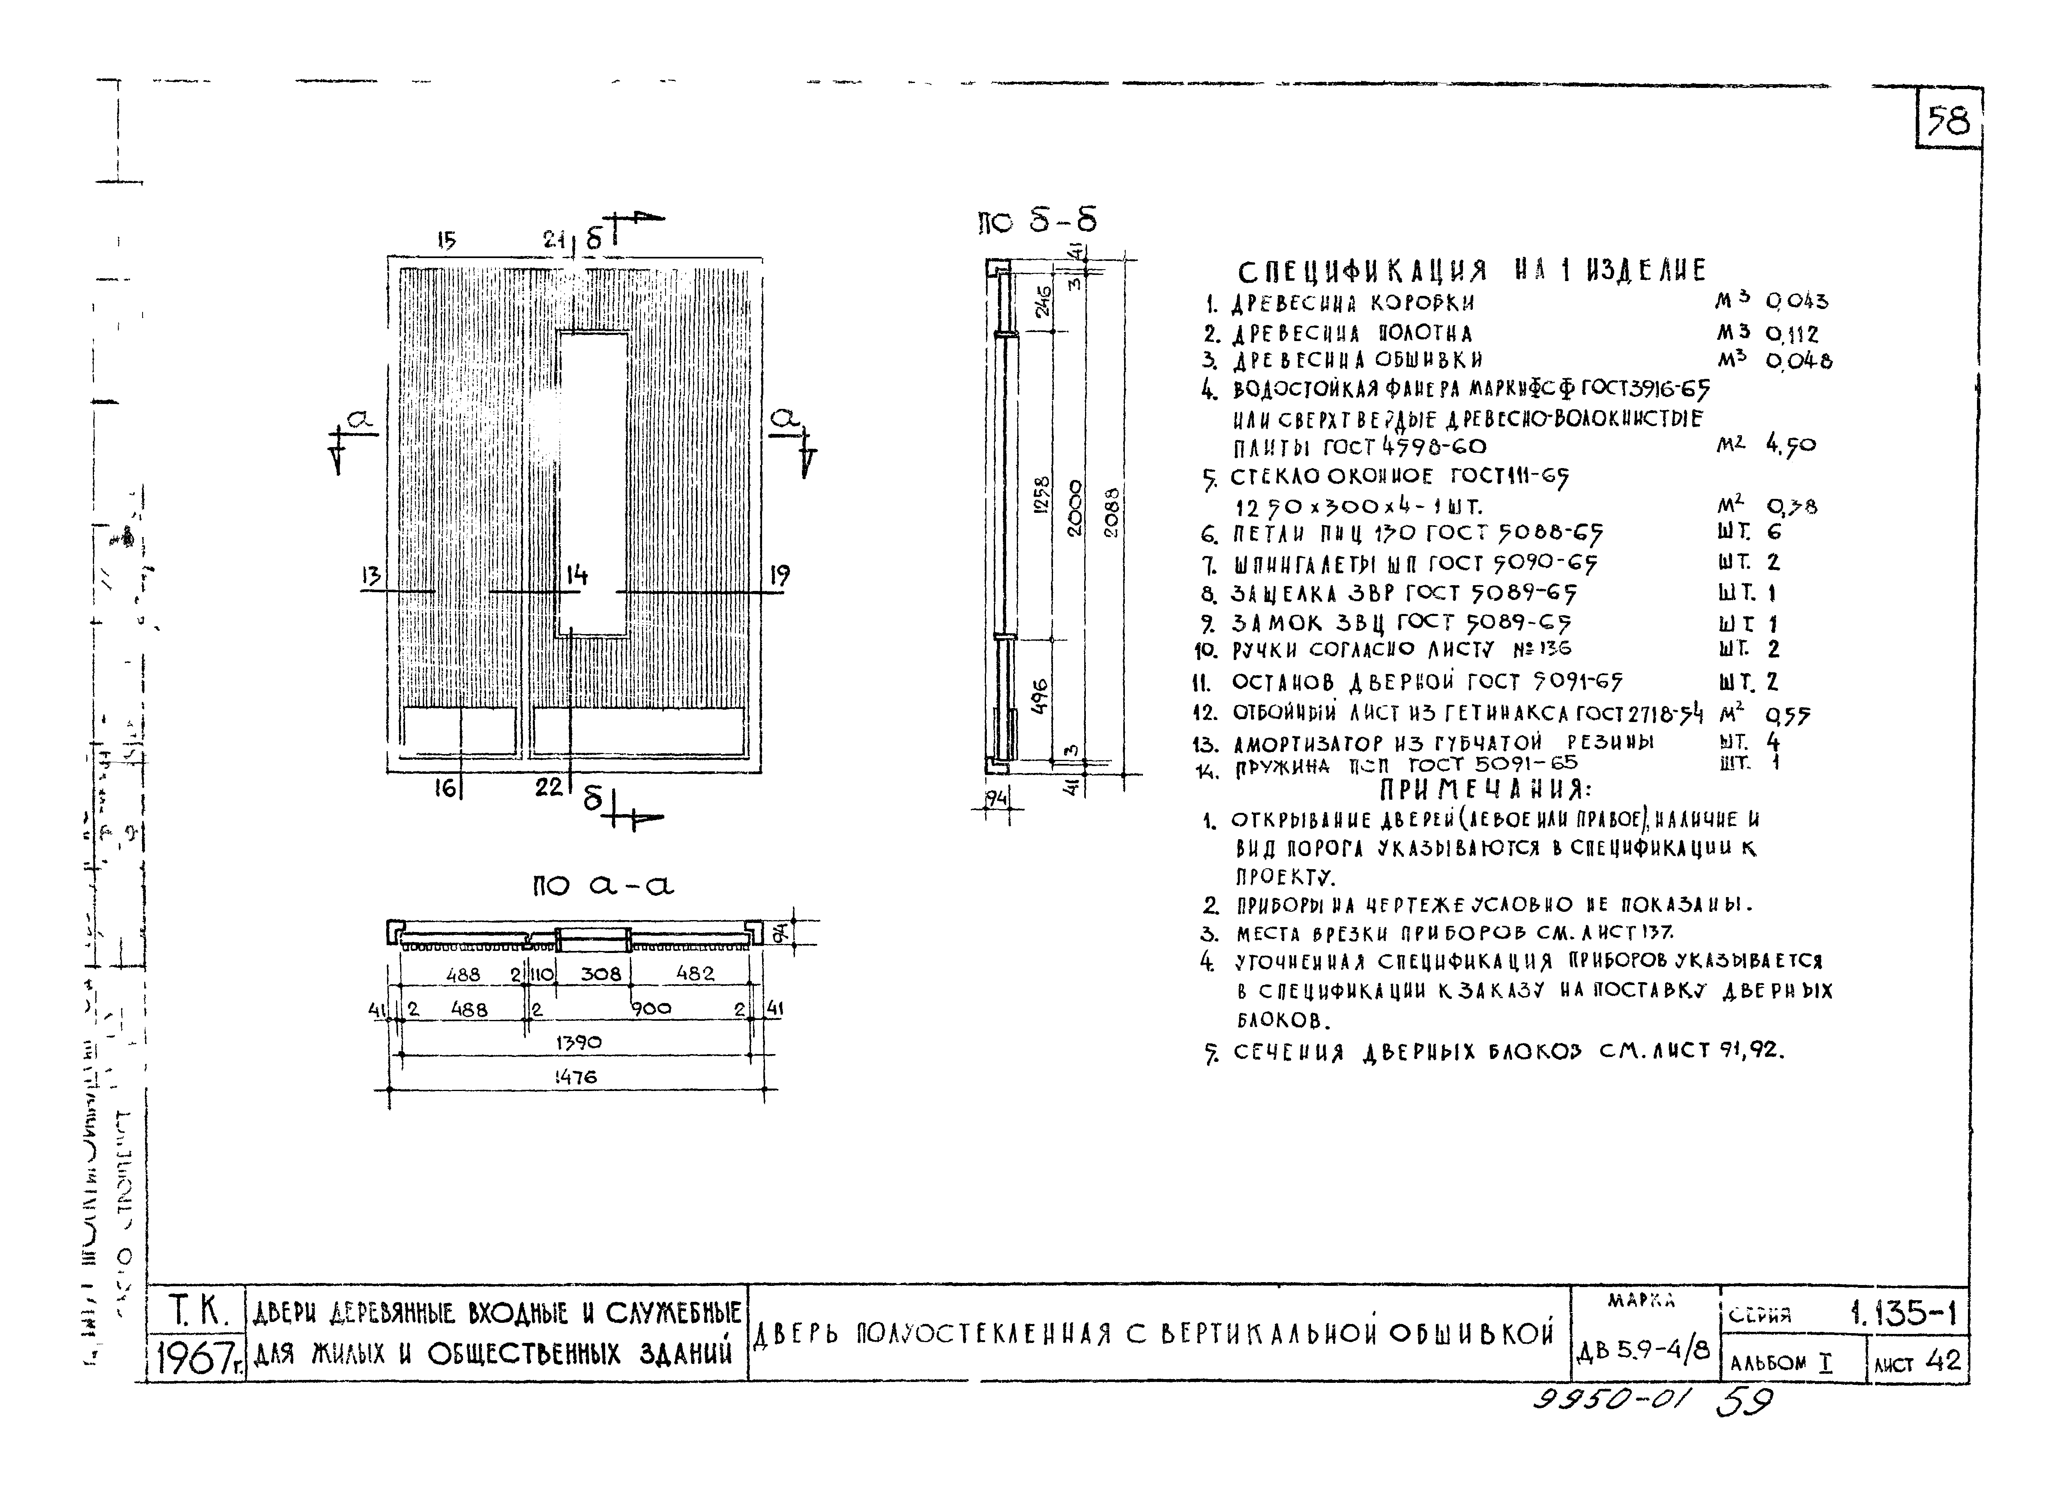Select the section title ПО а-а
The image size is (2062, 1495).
point(603,885)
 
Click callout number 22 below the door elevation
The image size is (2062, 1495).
point(548,787)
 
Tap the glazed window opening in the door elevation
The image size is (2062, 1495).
point(593,482)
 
